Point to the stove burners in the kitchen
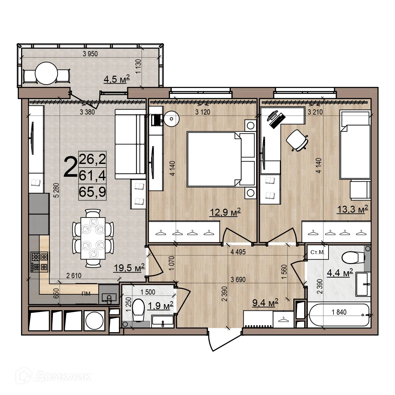(x=39, y=262)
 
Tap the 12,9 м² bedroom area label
(x=225, y=212)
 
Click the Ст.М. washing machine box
(x=318, y=252)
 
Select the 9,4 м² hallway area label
(x=265, y=303)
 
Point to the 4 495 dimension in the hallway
(x=238, y=252)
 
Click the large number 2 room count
(x=70, y=167)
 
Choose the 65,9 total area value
(x=92, y=192)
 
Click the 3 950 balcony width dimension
(x=90, y=54)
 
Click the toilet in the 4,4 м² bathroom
(x=352, y=257)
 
